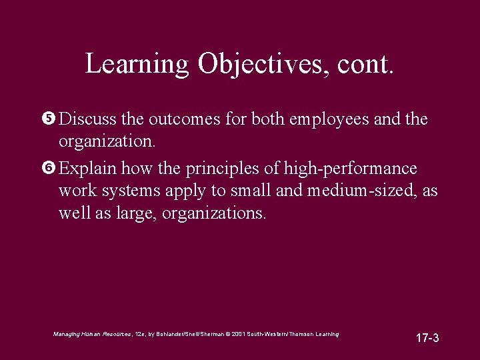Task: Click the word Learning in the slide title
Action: [137, 64]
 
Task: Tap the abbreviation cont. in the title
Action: [366, 64]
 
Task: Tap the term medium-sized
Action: [361, 191]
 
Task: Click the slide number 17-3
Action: [427, 338]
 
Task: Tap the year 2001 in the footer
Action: [240, 333]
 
